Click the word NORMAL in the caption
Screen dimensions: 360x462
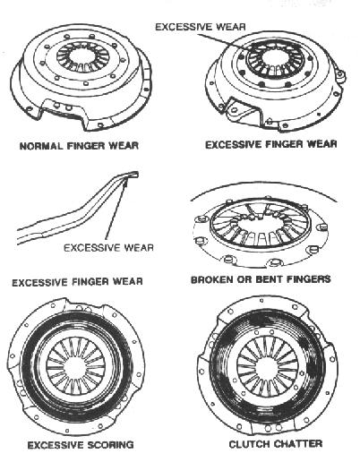pos(41,146)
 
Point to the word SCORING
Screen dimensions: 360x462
pos(111,445)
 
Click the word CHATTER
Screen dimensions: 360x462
pos(298,444)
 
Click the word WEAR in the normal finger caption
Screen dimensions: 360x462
pos(124,146)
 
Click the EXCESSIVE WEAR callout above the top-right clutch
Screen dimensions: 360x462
pos(201,27)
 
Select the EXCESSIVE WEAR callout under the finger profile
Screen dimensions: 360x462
pos(108,247)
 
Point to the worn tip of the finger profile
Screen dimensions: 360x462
pos(133,174)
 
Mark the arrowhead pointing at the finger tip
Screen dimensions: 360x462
pos(125,183)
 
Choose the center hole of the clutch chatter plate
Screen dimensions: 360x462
pos(268,366)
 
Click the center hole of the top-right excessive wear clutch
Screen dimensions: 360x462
pos(275,59)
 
